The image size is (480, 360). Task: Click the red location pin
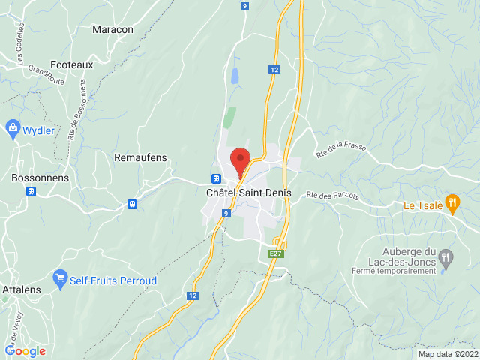click(x=240, y=160)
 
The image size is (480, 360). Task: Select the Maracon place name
click(x=112, y=29)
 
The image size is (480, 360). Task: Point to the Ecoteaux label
click(x=71, y=64)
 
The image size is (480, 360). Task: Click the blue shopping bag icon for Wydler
click(x=12, y=129)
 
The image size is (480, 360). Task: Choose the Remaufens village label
click(x=140, y=157)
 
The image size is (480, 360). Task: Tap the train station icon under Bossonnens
click(x=31, y=190)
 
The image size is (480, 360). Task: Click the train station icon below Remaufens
click(x=132, y=203)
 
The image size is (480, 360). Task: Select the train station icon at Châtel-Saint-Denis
click(x=216, y=179)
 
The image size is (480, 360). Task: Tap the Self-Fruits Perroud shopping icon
click(x=61, y=280)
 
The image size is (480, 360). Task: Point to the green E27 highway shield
click(x=277, y=254)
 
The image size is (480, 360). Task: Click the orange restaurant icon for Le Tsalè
click(x=451, y=201)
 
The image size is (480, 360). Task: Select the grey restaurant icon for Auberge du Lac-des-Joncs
click(x=446, y=256)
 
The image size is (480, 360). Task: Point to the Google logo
click(x=25, y=350)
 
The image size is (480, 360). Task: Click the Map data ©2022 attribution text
click(x=448, y=354)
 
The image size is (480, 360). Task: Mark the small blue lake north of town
click(x=235, y=76)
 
